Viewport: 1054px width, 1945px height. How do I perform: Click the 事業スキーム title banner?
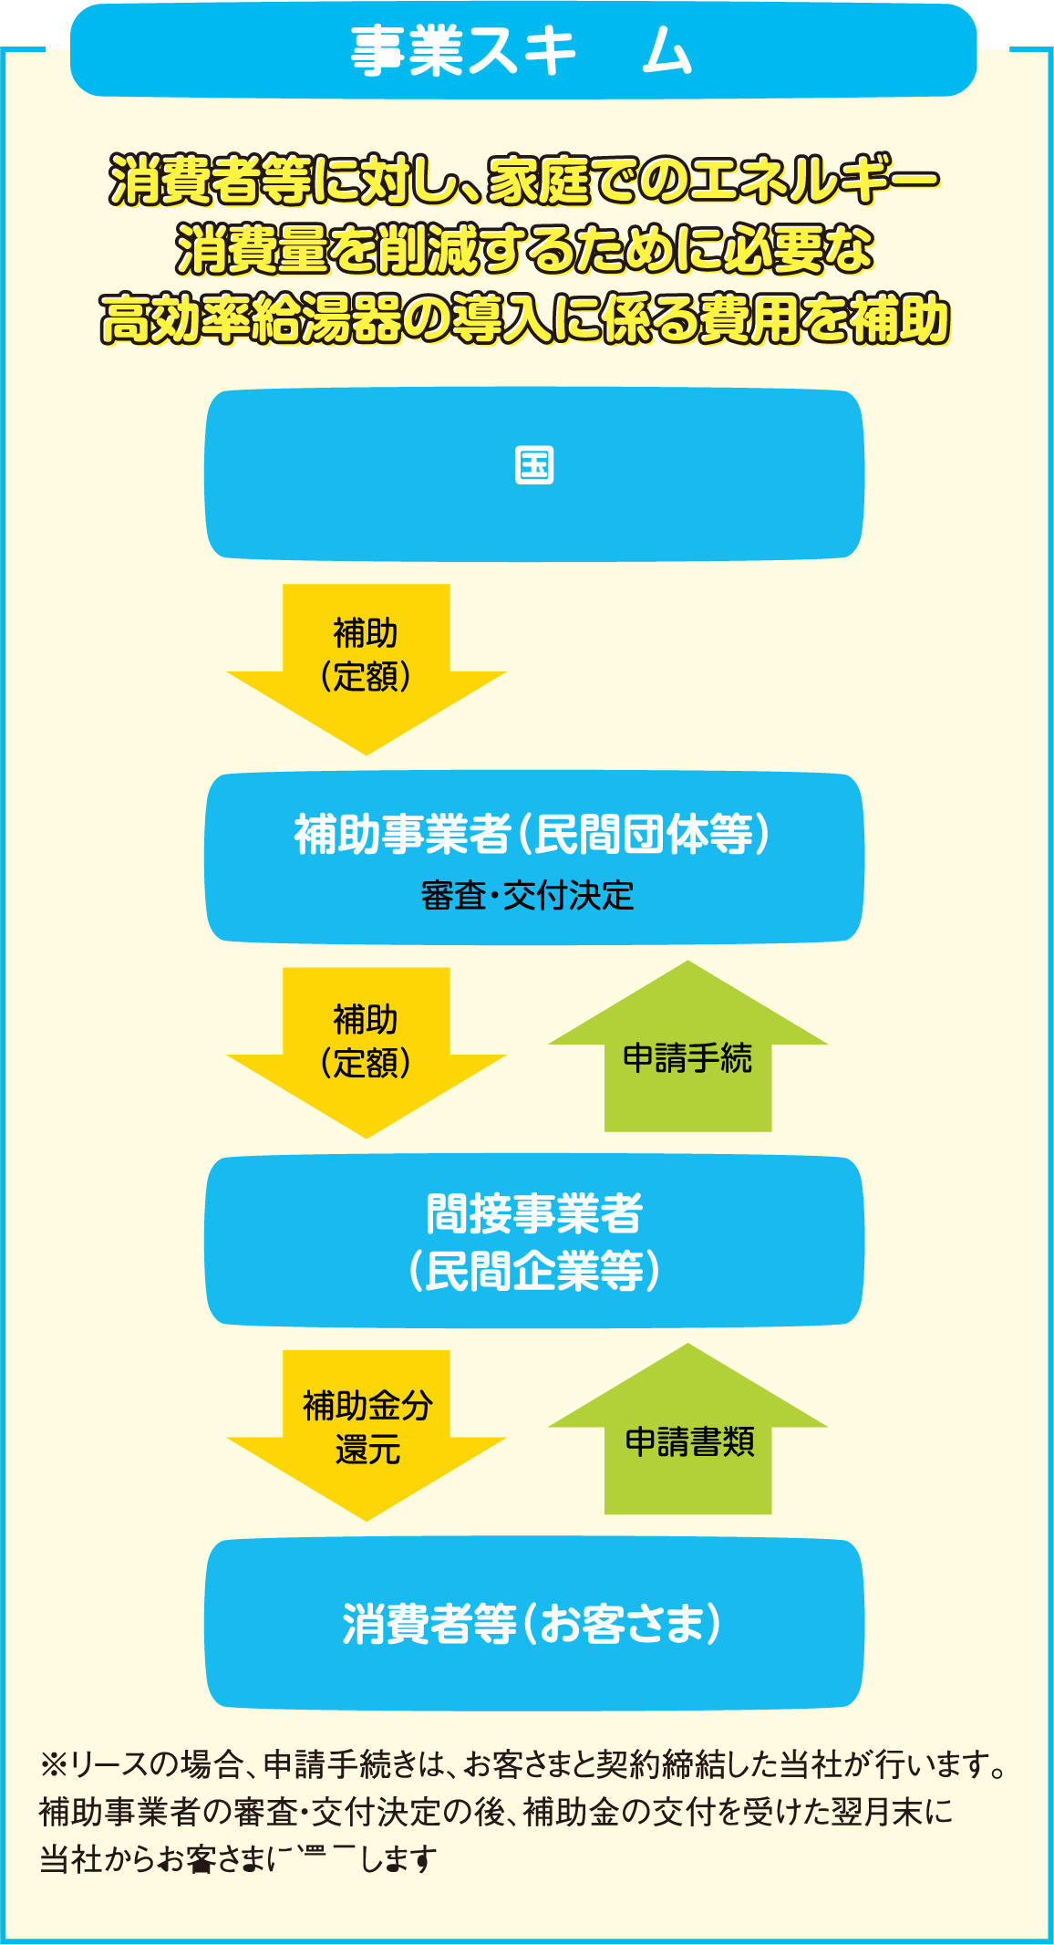coord(522,51)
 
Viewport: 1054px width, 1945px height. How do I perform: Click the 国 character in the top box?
coord(534,465)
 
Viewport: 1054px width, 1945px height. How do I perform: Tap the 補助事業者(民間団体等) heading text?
coord(532,834)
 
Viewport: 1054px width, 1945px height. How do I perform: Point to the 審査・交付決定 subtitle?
coord(527,896)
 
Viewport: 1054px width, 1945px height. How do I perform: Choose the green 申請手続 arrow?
coord(687,1058)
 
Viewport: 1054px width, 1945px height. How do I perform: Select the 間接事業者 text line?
coord(534,1213)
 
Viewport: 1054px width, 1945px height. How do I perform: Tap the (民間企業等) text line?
coord(534,1271)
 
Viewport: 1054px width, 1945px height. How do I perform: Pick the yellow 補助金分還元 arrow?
coord(367,1427)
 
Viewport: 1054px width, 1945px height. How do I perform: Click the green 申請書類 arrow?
coord(688,1441)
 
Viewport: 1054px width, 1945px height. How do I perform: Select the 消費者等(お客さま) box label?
coord(532,1624)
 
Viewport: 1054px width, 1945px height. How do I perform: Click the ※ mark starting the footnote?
coord(51,1765)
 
